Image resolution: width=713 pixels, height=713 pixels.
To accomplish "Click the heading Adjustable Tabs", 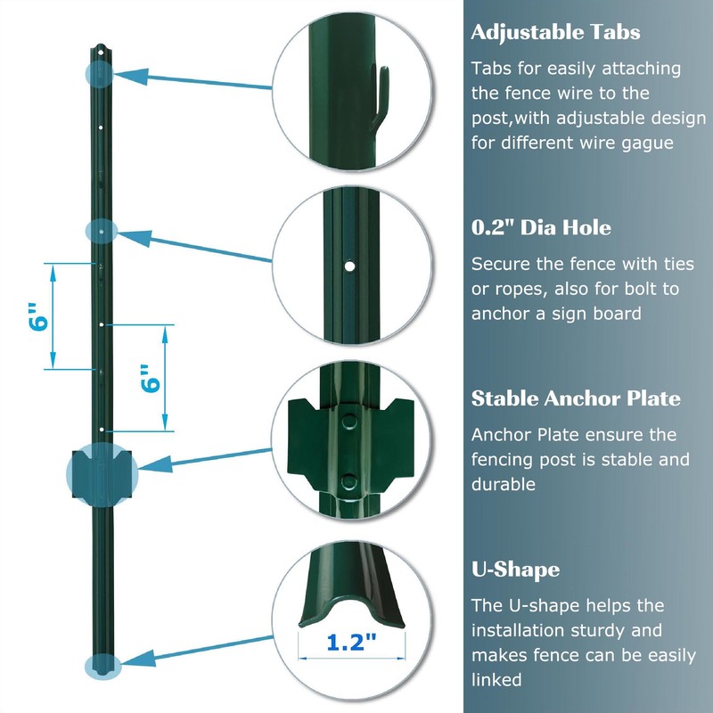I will tap(555, 33).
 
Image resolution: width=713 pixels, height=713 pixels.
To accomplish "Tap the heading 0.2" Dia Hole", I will tap(541, 228).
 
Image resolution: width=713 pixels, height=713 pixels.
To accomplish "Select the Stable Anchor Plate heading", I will tap(576, 398).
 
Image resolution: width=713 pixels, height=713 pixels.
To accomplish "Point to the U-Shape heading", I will tap(515, 570).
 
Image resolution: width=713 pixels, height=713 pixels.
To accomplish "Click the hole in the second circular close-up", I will tap(351, 266).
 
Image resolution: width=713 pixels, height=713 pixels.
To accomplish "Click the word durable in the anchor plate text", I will tap(504, 484).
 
